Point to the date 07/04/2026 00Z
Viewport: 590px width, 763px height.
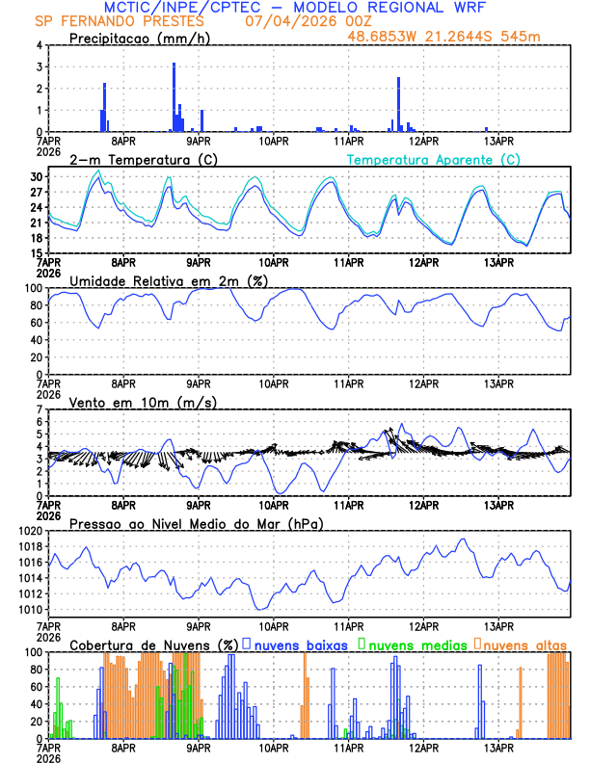(308, 21)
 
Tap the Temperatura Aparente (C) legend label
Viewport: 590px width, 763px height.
(434, 159)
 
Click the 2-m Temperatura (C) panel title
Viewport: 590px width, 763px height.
(142, 159)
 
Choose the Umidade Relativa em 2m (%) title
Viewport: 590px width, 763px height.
(169, 280)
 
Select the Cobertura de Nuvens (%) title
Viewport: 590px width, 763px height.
(154, 645)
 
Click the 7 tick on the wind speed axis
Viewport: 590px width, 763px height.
(40, 409)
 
